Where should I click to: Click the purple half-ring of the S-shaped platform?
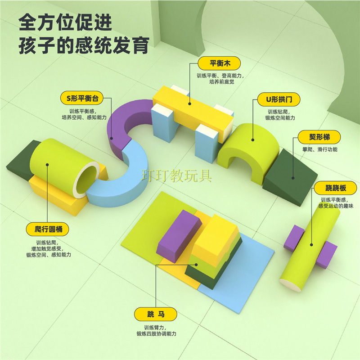124,121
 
